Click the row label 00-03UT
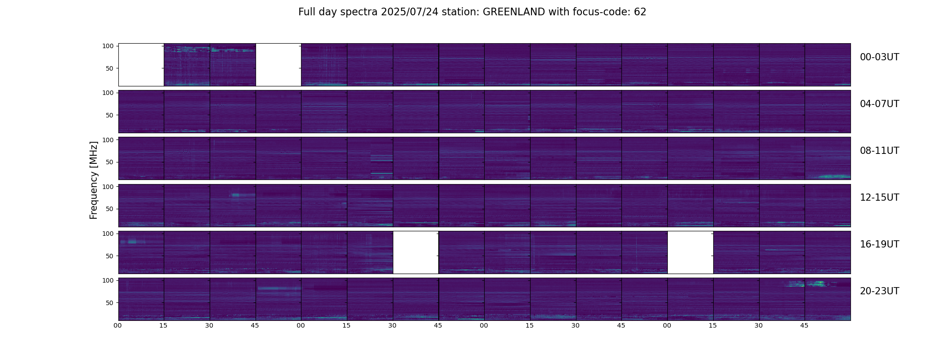(x=879, y=57)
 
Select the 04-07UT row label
(x=879, y=104)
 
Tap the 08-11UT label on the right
(x=879, y=151)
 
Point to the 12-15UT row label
(x=879, y=198)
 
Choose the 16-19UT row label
(x=879, y=244)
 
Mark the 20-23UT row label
(x=879, y=291)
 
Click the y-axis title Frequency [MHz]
(x=94, y=180)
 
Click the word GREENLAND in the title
(x=514, y=12)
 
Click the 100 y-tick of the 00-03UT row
(x=108, y=46)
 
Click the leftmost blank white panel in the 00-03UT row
(x=141, y=65)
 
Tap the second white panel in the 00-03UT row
(x=278, y=65)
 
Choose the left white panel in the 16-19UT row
(x=415, y=252)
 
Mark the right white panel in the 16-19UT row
(x=690, y=252)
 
